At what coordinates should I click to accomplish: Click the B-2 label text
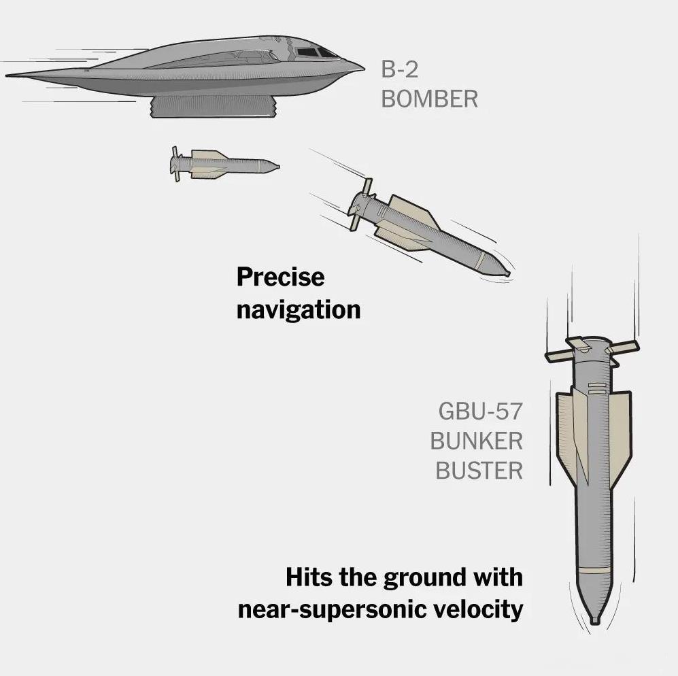400,69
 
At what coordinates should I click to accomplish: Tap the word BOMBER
429,99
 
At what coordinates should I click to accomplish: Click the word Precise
280,277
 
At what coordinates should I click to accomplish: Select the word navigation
299,310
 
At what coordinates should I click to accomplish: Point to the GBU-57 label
480,411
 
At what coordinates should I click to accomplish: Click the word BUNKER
477,441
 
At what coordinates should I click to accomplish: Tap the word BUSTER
479,471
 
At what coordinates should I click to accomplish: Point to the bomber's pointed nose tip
364,68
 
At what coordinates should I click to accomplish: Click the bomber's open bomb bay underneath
214,107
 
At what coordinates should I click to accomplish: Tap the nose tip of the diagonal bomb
507,273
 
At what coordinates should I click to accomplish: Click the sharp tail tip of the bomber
7,75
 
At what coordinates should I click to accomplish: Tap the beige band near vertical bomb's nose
595,570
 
